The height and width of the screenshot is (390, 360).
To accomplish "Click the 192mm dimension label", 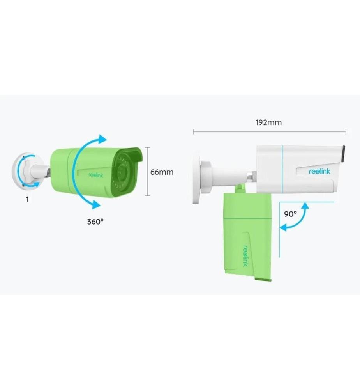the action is (268, 122).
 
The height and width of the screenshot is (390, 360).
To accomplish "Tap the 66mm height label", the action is (162, 172).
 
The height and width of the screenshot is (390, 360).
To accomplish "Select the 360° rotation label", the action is (95, 222).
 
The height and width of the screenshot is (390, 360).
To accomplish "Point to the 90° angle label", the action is (290, 214).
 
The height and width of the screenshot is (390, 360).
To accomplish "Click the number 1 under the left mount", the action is (27, 199).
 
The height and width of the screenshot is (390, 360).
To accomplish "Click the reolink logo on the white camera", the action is (319, 171).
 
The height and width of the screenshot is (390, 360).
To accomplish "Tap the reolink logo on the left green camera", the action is (96, 175).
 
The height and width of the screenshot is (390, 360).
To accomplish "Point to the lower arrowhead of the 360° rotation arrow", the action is (96, 204).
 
